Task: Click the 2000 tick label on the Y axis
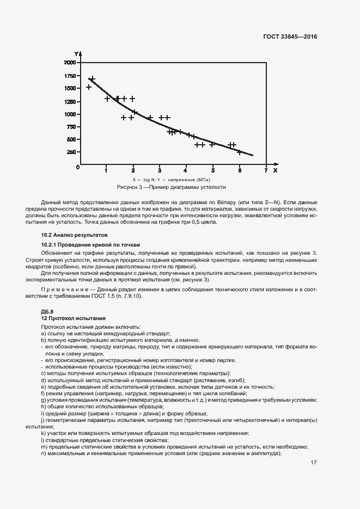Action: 70,63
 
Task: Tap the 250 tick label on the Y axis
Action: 71,152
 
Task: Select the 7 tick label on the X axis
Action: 266,170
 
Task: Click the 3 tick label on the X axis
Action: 160,170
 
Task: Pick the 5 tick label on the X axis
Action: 213,170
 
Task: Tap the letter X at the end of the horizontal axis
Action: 275,170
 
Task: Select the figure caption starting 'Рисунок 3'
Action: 171,187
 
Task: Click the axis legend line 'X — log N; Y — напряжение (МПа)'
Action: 171,179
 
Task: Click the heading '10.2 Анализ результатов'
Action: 71,234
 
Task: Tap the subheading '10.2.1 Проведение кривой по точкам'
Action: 86,245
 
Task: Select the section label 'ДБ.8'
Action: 47,311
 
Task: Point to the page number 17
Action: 314,463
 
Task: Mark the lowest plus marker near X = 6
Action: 239,152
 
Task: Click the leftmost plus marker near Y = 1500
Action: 89,87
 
